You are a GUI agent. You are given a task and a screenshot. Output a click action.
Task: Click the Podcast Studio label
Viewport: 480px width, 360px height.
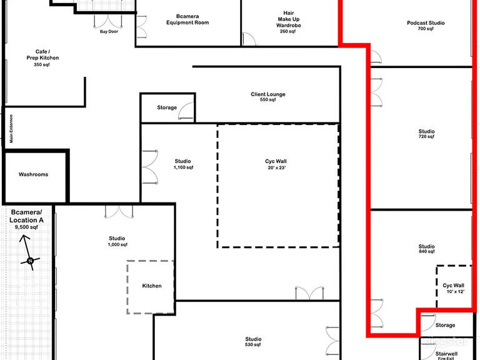[x=426, y=26]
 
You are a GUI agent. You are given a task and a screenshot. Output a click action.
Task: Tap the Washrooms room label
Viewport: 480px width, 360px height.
[x=33, y=174]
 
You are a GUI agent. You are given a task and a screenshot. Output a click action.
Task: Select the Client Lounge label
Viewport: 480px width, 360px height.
[x=268, y=97]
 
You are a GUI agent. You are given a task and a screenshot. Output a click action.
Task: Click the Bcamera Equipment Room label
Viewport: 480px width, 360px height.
[x=187, y=19]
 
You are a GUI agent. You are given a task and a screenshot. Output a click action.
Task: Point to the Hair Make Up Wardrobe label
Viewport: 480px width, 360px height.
[x=288, y=22]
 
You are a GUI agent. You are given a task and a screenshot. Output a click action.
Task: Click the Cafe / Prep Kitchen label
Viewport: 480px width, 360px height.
[x=42, y=58]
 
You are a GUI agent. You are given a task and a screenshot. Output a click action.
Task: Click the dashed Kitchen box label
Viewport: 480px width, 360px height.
[x=152, y=286]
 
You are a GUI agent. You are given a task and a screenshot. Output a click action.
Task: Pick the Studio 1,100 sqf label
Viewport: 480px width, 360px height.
[x=183, y=164]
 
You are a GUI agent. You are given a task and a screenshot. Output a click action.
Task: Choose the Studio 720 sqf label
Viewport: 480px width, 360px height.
[x=426, y=134]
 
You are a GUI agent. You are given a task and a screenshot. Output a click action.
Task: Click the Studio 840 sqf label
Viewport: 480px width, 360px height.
[x=426, y=249]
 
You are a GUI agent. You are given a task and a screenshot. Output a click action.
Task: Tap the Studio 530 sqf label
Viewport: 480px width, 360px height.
[x=253, y=342]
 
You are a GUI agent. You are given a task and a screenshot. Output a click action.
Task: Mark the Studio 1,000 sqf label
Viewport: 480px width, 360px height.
[x=117, y=241]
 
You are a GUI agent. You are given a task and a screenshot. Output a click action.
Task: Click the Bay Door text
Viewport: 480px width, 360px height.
[x=109, y=31]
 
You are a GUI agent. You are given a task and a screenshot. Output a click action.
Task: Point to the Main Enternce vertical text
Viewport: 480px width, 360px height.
[x=11, y=129]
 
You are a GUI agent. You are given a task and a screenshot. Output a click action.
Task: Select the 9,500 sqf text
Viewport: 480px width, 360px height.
[x=26, y=227]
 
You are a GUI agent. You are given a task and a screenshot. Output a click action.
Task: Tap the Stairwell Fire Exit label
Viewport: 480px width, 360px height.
[x=446, y=356]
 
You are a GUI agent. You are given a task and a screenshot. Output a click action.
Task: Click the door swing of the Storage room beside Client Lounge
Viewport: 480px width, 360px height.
[x=185, y=111]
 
